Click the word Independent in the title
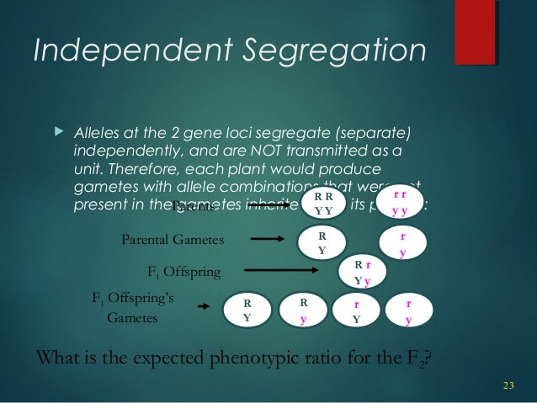coord(122,52)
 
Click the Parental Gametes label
coord(173,241)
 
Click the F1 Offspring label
coord(184,272)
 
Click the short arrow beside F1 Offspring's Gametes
coord(203,307)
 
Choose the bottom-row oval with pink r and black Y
coord(357,311)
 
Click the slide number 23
coord(508,385)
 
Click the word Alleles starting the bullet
coord(98,134)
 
